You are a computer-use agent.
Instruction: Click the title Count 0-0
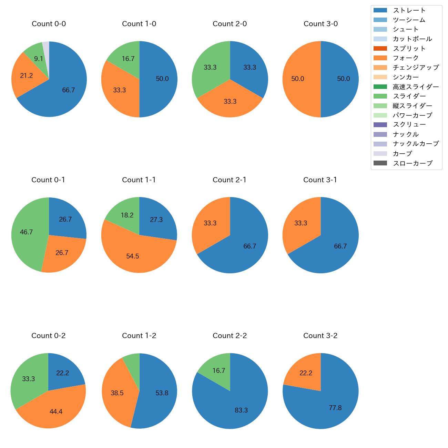click(49, 24)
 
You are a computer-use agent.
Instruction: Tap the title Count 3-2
click(320, 336)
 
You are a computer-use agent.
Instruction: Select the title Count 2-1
click(230, 180)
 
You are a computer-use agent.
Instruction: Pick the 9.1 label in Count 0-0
click(39, 59)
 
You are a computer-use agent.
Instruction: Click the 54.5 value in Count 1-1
click(133, 256)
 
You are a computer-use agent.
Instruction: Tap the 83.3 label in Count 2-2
click(241, 410)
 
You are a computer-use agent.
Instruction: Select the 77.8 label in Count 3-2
click(335, 408)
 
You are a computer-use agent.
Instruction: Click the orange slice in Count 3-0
click(300, 79)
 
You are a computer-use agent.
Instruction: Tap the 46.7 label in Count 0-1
click(26, 232)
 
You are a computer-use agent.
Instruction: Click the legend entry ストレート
click(409, 10)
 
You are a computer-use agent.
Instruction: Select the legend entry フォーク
click(406, 58)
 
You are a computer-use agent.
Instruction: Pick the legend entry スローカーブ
click(413, 163)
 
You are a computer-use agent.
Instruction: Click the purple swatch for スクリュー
click(380, 125)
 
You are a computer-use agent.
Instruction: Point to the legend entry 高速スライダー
click(416, 87)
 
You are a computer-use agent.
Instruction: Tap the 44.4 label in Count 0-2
click(56, 411)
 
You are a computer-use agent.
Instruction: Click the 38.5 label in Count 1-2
click(117, 393)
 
